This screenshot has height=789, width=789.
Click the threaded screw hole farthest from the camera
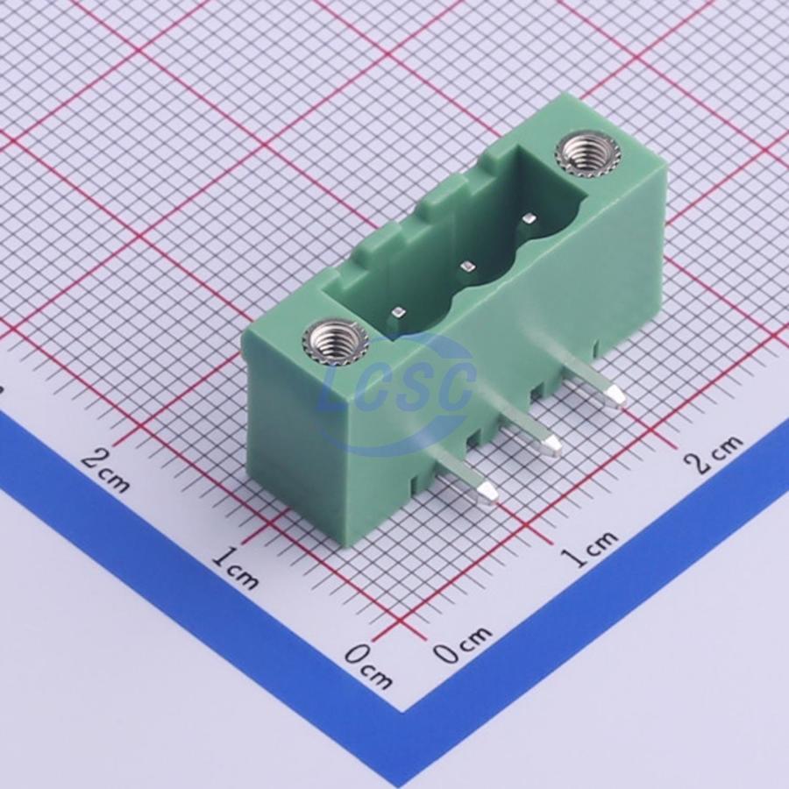[587, 155]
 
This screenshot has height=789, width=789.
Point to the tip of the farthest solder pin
[618, 395]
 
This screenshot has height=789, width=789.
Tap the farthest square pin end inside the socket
[530, 218]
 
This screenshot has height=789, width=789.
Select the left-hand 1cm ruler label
[235, 568]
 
